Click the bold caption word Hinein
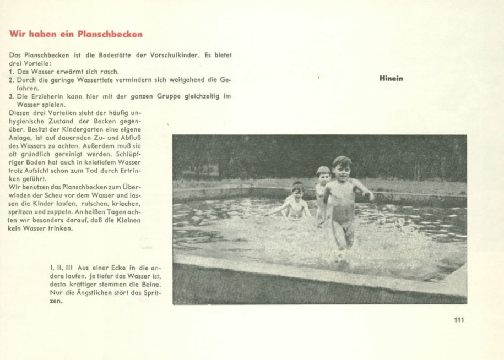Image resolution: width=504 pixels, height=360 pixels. (x=391, y=79)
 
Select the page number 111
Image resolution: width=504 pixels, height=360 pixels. (x=459, y=320)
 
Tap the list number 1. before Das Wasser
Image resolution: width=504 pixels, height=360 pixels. (x=12, y=72)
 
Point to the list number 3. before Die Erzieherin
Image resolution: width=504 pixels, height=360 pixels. (x=12, y=96)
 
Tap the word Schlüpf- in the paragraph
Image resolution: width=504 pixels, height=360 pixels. (x=128, y=155)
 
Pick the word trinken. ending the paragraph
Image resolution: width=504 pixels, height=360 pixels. (x=60, y=228)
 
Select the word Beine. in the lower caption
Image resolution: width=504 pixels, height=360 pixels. (x=150, y=284)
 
